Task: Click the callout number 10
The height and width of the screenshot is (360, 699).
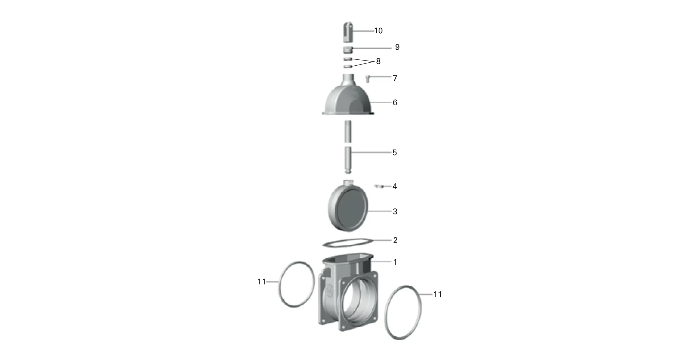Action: click(378, 31)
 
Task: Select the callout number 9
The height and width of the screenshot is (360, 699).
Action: click(397, 47)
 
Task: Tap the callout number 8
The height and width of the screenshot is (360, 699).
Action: click(378, 61)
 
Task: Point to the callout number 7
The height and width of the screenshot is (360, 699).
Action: click(395, 78)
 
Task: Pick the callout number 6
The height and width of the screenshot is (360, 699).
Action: click(395, 102)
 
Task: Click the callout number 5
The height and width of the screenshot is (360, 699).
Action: click(395, 152)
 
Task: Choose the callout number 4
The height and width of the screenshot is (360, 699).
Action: click(395, 186)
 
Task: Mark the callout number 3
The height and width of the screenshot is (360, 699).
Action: click(395, 211)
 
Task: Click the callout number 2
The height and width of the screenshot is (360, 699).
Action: click(395, 240)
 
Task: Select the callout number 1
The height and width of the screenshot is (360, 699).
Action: click(395, 262)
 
